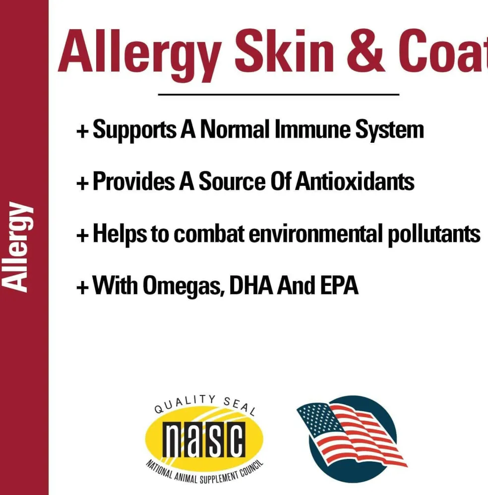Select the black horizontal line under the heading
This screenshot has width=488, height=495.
tap(278, 94)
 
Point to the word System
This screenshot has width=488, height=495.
tap(389, 130)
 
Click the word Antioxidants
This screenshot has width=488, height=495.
tap(355, 181)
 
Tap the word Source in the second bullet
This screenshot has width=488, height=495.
tap(232, 181)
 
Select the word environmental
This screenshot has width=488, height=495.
tap(316, 234)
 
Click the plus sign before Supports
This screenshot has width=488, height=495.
tap(82, 131)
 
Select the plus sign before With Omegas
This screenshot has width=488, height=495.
tap(82, 287)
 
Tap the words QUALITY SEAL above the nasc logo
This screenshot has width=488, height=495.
tap(205, 404)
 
